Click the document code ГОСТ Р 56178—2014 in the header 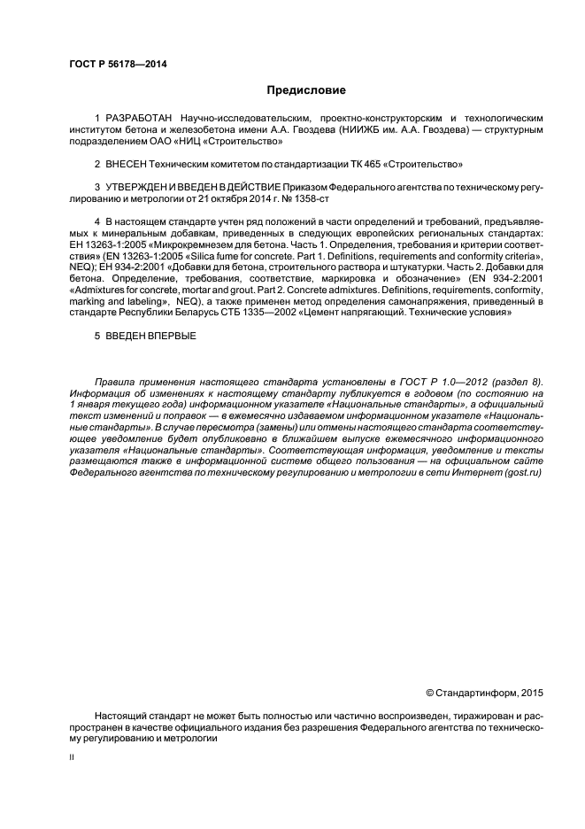[x=118, y=64]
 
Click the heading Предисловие [x=306, y=90]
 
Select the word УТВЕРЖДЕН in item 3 [x=142, y=188]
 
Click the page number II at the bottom [x=73, y=758]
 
